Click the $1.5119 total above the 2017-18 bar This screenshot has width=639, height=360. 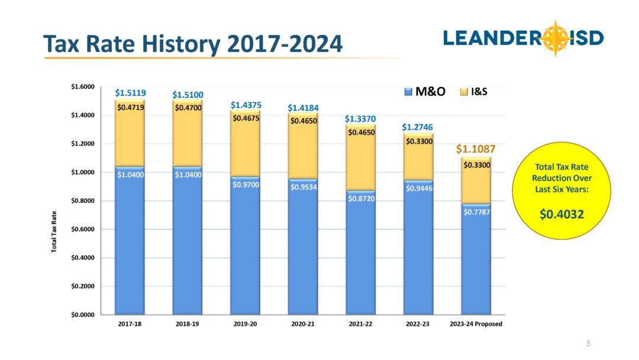(x=131, y=93)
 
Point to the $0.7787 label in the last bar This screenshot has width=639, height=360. (x=476, y=211)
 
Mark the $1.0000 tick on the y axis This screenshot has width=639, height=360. (x=82, y=172)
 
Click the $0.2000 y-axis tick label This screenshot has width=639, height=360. (x=82, y=287)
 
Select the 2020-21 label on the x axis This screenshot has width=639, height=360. (x=303, y=324)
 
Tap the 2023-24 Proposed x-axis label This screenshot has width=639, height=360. (x=476, y=324)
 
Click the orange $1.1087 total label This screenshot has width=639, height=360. (x=476, y=150)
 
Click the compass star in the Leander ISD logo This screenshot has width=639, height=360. (x=555, y=38)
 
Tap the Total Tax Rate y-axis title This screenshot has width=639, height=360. (x=54, y=232)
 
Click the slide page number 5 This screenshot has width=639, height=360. (x=588, y=343)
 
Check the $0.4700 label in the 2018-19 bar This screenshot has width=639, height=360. (x=188, y=108)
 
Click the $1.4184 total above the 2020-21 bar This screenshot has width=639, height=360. (x=303, y=108)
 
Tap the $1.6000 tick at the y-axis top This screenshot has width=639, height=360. (x=82, y=87)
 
